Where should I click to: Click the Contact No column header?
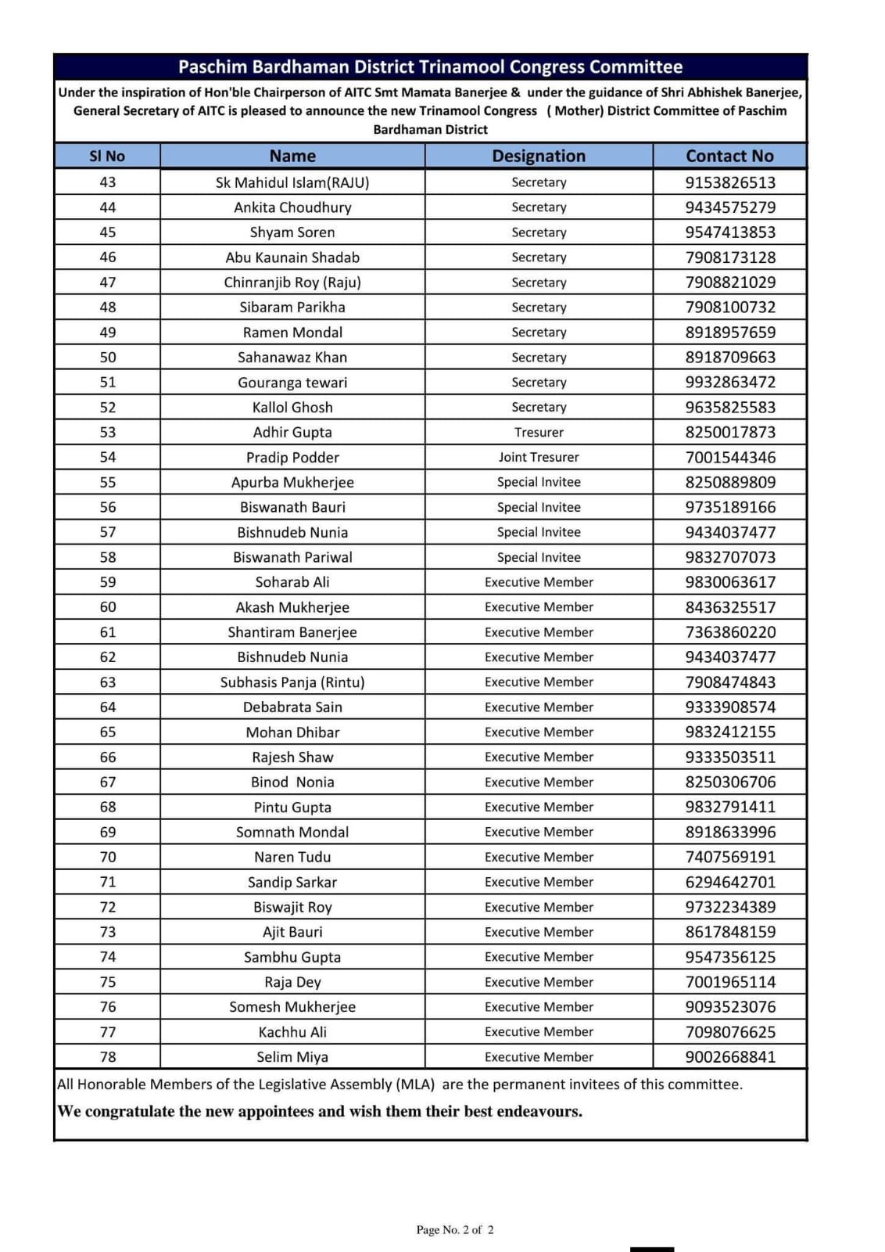pyautogui.click(x=729, y=156)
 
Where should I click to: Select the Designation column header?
pyautogui.click(x=539, y=156)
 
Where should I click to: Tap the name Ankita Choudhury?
pyautogui.click(x=292, y=207)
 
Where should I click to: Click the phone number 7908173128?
pyautogui.click(x=730, y=257)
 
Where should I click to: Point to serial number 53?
pyautogui.click(x=108, y=432)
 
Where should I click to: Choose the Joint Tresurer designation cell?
pyautogui.click(x=539, y=457)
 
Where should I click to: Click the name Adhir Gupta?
pyautogui.click(x=292, y=432)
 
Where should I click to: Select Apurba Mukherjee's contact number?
pyautogui.click(x=730, y=482)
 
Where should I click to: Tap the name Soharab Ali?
pyautogui.click(x=292, y=582)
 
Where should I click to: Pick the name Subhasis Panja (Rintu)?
pyautogui.click(x=292, y=682)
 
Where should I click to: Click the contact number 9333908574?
pyautogui.click(x=730, y=707)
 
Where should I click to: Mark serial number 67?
pyautogui.click(x=108, y=782)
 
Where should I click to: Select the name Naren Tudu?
pyautogui.click(x=292, y=857)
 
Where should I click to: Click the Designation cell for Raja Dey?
pyautogui.click(x=539, y=982)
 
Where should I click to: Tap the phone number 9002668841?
pyautogui.click(x=730, y=1057)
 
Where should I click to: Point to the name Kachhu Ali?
pyautogui.click(x=292, y=1032)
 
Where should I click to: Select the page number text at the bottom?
pyautogui.click(x=455, y=1230)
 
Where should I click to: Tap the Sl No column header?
pyautogui.click(x=108, y=156)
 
